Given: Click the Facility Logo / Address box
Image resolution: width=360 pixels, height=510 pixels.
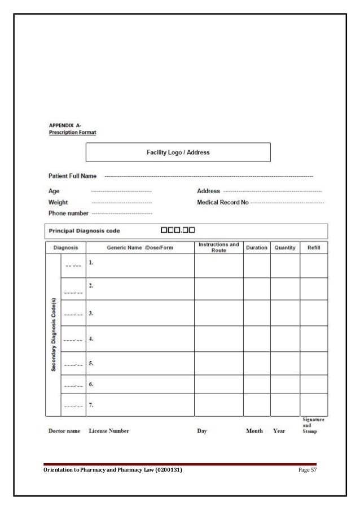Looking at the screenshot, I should point(178,152).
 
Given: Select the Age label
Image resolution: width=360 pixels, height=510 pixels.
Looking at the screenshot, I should point(54,191).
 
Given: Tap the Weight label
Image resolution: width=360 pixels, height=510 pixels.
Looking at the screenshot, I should point(58,202).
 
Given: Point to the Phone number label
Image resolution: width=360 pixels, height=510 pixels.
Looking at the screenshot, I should point(68,213).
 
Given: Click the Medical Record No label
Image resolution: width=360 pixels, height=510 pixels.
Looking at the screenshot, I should point(222,202).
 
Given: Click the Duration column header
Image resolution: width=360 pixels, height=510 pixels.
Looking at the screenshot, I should point(256,248).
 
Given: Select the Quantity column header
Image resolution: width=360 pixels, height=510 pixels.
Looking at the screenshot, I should point(285,248).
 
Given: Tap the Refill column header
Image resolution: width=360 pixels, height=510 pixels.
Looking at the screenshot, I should point(313,248).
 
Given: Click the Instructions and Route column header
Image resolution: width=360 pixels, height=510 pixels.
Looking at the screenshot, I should point(219,248).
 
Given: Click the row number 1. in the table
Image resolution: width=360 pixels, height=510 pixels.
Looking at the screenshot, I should point(91,263).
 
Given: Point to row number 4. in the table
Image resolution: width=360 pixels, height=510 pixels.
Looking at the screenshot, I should point(91,339).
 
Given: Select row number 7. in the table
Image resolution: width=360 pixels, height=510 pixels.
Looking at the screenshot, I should point(91,405).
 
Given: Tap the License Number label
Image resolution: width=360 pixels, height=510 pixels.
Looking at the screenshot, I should point(109,431).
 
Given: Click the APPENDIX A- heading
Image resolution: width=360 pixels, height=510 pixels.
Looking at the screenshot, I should point(65,126).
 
